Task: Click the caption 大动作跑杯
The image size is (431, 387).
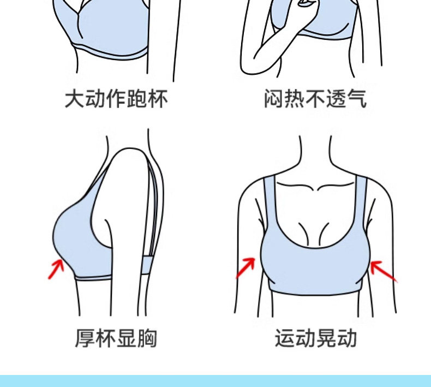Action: [116, 99]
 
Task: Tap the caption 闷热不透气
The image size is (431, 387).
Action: [315, 99]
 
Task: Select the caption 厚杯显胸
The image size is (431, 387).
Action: [116, 338]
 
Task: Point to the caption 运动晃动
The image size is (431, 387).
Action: [315, 338]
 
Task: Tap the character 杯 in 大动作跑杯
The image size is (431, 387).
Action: [158, 99]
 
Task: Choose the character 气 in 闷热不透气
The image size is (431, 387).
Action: [357, 99]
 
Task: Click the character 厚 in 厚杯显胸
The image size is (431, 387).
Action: [85, 338]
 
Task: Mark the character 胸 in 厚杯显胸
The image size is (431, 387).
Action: [147, 338]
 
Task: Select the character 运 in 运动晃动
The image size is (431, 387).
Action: [284, 338]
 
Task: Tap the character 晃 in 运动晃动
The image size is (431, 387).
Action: [326, 338]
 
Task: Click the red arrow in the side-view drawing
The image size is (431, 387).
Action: [56, 269]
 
